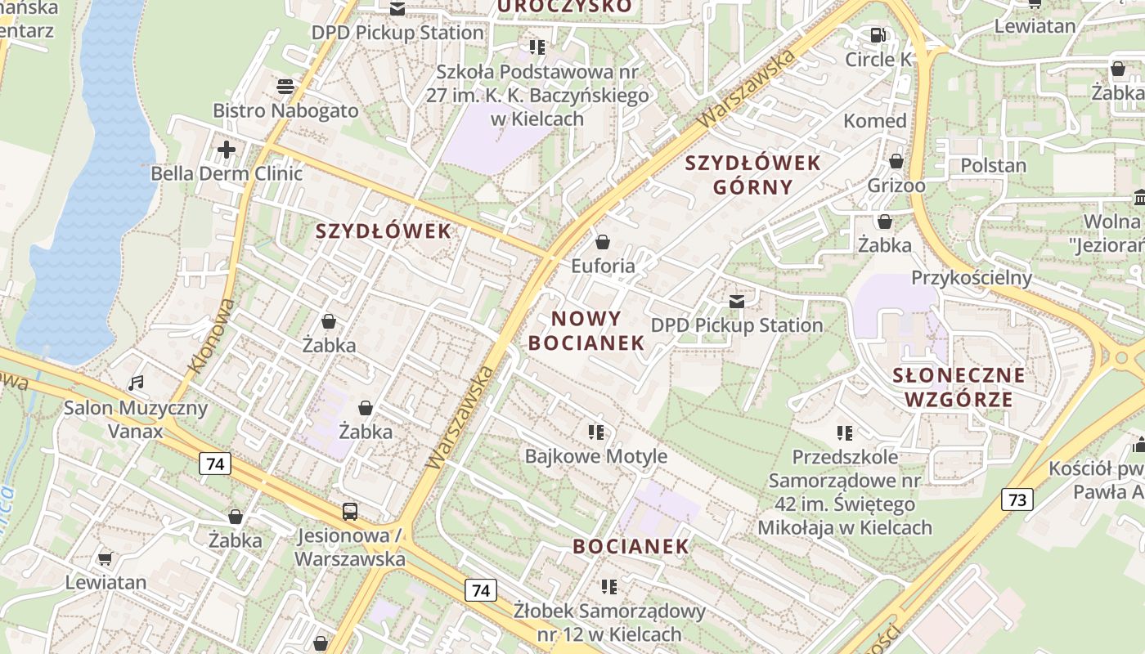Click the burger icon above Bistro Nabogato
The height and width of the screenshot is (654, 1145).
[285, 86]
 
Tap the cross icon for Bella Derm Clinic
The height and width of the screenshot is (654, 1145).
[227, 150]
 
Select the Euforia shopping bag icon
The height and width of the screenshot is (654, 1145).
[603, 242]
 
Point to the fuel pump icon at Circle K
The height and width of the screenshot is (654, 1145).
[878, 35]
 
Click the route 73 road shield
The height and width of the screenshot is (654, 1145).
[1017, 499]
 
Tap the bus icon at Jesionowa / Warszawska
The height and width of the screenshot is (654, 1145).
[350, 513]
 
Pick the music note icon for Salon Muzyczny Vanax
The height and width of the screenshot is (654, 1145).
[137, 383]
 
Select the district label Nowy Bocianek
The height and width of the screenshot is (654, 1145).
[586, 330]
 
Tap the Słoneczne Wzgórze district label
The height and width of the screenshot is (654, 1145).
[959, 387]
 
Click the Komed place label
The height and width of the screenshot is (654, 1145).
[875, 121]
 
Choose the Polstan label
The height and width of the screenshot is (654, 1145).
[993, 165]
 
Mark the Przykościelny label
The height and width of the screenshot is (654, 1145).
[972, 277]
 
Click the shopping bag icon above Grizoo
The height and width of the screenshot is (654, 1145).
[896, 161]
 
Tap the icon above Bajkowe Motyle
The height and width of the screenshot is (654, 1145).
[595, 432]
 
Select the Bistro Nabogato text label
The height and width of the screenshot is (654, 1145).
[285, 110]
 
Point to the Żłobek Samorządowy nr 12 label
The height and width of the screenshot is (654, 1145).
[609, 622]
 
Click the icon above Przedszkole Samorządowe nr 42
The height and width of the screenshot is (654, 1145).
[845, 432]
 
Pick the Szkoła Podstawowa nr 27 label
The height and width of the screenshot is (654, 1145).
[537, 95]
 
